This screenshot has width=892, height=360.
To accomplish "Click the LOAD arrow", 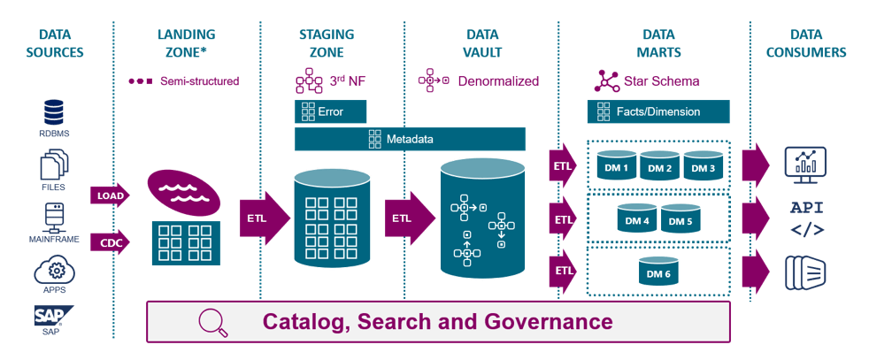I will coord(110,195).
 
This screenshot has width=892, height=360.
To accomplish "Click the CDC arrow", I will coord(110,241).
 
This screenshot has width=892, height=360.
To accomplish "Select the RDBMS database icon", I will coord(54,113).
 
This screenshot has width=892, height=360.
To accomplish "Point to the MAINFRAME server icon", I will coord(54,216).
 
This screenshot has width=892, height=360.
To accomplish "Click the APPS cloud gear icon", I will coord(54,269).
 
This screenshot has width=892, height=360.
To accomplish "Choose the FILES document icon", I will coord(54,165).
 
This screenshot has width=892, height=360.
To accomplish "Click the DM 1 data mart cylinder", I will coord(617,167).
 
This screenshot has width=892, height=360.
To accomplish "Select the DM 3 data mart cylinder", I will coord(704,167).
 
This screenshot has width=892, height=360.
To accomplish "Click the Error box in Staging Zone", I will coord(330,112).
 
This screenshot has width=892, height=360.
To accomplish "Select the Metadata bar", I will coord(410,139).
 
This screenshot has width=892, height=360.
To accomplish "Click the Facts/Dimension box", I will coord(658,112).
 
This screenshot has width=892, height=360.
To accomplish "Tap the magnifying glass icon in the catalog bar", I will coord(213,322).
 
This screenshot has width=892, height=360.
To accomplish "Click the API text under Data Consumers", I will coord(806,209).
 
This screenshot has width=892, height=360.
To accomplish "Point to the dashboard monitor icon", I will coord(805,165).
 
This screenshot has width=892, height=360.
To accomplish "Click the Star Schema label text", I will coord(662,81).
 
